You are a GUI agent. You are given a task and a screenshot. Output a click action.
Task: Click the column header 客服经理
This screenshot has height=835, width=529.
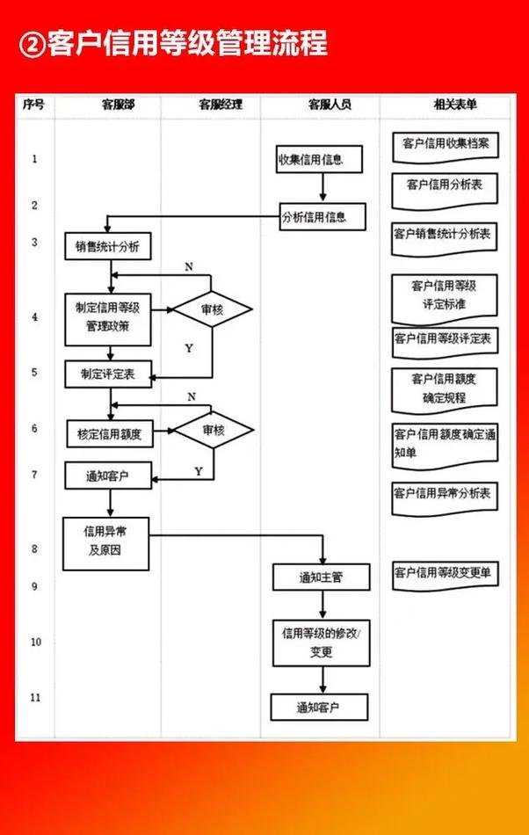click(220, 105)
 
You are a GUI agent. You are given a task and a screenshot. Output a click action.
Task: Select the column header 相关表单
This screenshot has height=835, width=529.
click(455, 105)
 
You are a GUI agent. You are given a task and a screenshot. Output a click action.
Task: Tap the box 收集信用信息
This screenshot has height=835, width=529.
click(311, 159)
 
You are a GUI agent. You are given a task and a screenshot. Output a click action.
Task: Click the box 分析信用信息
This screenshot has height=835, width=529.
click(322, 217)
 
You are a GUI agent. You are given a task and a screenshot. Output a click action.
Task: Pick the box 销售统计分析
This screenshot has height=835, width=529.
click(107, 247)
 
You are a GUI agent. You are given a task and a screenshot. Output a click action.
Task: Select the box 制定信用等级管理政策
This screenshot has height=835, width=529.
click(109, 318)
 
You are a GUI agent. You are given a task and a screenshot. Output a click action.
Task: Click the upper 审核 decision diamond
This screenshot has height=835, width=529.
click(212, 309)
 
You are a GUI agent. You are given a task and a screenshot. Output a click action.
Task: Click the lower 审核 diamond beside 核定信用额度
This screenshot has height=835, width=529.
click(213, 430)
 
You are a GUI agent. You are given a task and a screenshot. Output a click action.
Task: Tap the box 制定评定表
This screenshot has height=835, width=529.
click(108, 374)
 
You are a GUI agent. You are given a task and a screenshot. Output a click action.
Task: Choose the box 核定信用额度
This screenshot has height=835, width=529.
click(110, 433)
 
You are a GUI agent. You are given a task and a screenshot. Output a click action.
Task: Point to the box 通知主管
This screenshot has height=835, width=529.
click(320, 577)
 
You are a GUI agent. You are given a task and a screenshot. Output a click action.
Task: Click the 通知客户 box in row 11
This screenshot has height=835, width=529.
click(318, 707)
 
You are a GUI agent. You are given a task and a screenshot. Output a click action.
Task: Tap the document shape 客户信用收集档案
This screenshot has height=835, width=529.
click(446, 144)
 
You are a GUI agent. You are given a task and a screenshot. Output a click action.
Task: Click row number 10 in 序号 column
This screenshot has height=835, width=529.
click(35, 643)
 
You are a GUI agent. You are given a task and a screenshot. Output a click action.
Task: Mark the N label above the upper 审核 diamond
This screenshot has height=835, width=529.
click(188, 265)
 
